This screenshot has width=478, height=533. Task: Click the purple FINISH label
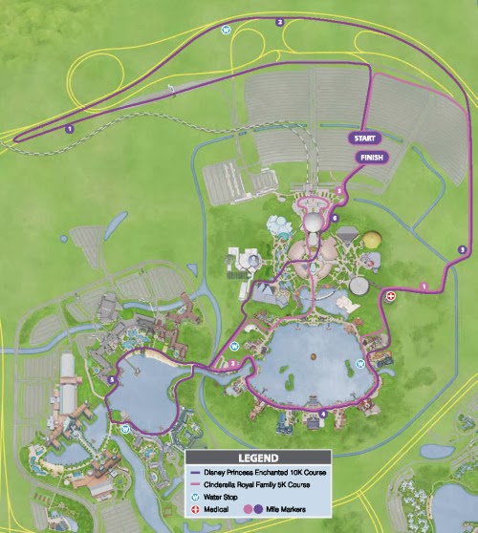click(x=368, y=158)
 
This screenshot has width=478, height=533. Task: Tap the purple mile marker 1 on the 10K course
click(x=70, y=128)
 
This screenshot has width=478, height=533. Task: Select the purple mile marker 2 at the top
click(x=279, y=20)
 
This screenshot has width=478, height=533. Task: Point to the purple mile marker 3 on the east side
click(x=462, y=249)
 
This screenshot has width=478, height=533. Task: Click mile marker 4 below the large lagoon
click(x=322, y=414)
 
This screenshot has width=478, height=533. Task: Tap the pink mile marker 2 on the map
click(x=232, y=364)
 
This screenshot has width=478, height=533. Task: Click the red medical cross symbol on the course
click(x=391, y=297)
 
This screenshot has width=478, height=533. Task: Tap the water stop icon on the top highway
click(x=226, y=30)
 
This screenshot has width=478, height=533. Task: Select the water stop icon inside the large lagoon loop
click(x=360, y=364)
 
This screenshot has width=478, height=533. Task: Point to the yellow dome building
click(x=372, y=243)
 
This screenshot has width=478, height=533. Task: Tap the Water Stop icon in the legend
click(x=197, y=497)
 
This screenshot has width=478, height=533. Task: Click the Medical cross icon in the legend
click(x=197, y=509)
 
